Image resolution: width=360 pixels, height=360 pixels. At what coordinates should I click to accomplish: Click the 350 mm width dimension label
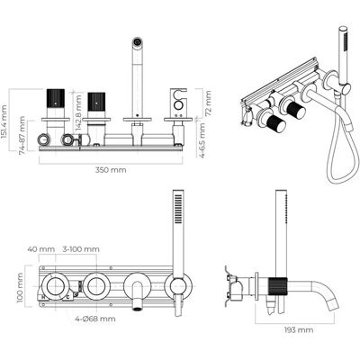pyautogui.click(x=111, y=170)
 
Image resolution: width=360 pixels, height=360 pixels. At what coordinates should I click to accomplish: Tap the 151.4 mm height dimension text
pyautogui.click(x=4, y=121)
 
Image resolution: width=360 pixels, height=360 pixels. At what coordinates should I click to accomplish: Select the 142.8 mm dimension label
pyautogui.click(x=78, y=112)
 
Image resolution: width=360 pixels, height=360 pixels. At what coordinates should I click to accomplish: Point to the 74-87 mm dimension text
pyautogui.click(x=22, y=136)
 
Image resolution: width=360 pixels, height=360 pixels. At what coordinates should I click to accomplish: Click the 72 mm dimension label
pyautogui.click(x=208, y=103)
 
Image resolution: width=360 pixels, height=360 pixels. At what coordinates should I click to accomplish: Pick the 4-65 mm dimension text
pyautogui.click(x=202, y=140)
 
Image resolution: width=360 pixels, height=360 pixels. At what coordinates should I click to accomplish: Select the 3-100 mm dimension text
pyautogui.click(x=81, y=249)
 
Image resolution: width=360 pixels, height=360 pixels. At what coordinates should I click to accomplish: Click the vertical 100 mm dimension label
pyautogui.click(x=20, y=288)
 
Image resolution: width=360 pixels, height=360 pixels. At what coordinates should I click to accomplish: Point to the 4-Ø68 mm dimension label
pyautogui.click(x=95, y=319)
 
